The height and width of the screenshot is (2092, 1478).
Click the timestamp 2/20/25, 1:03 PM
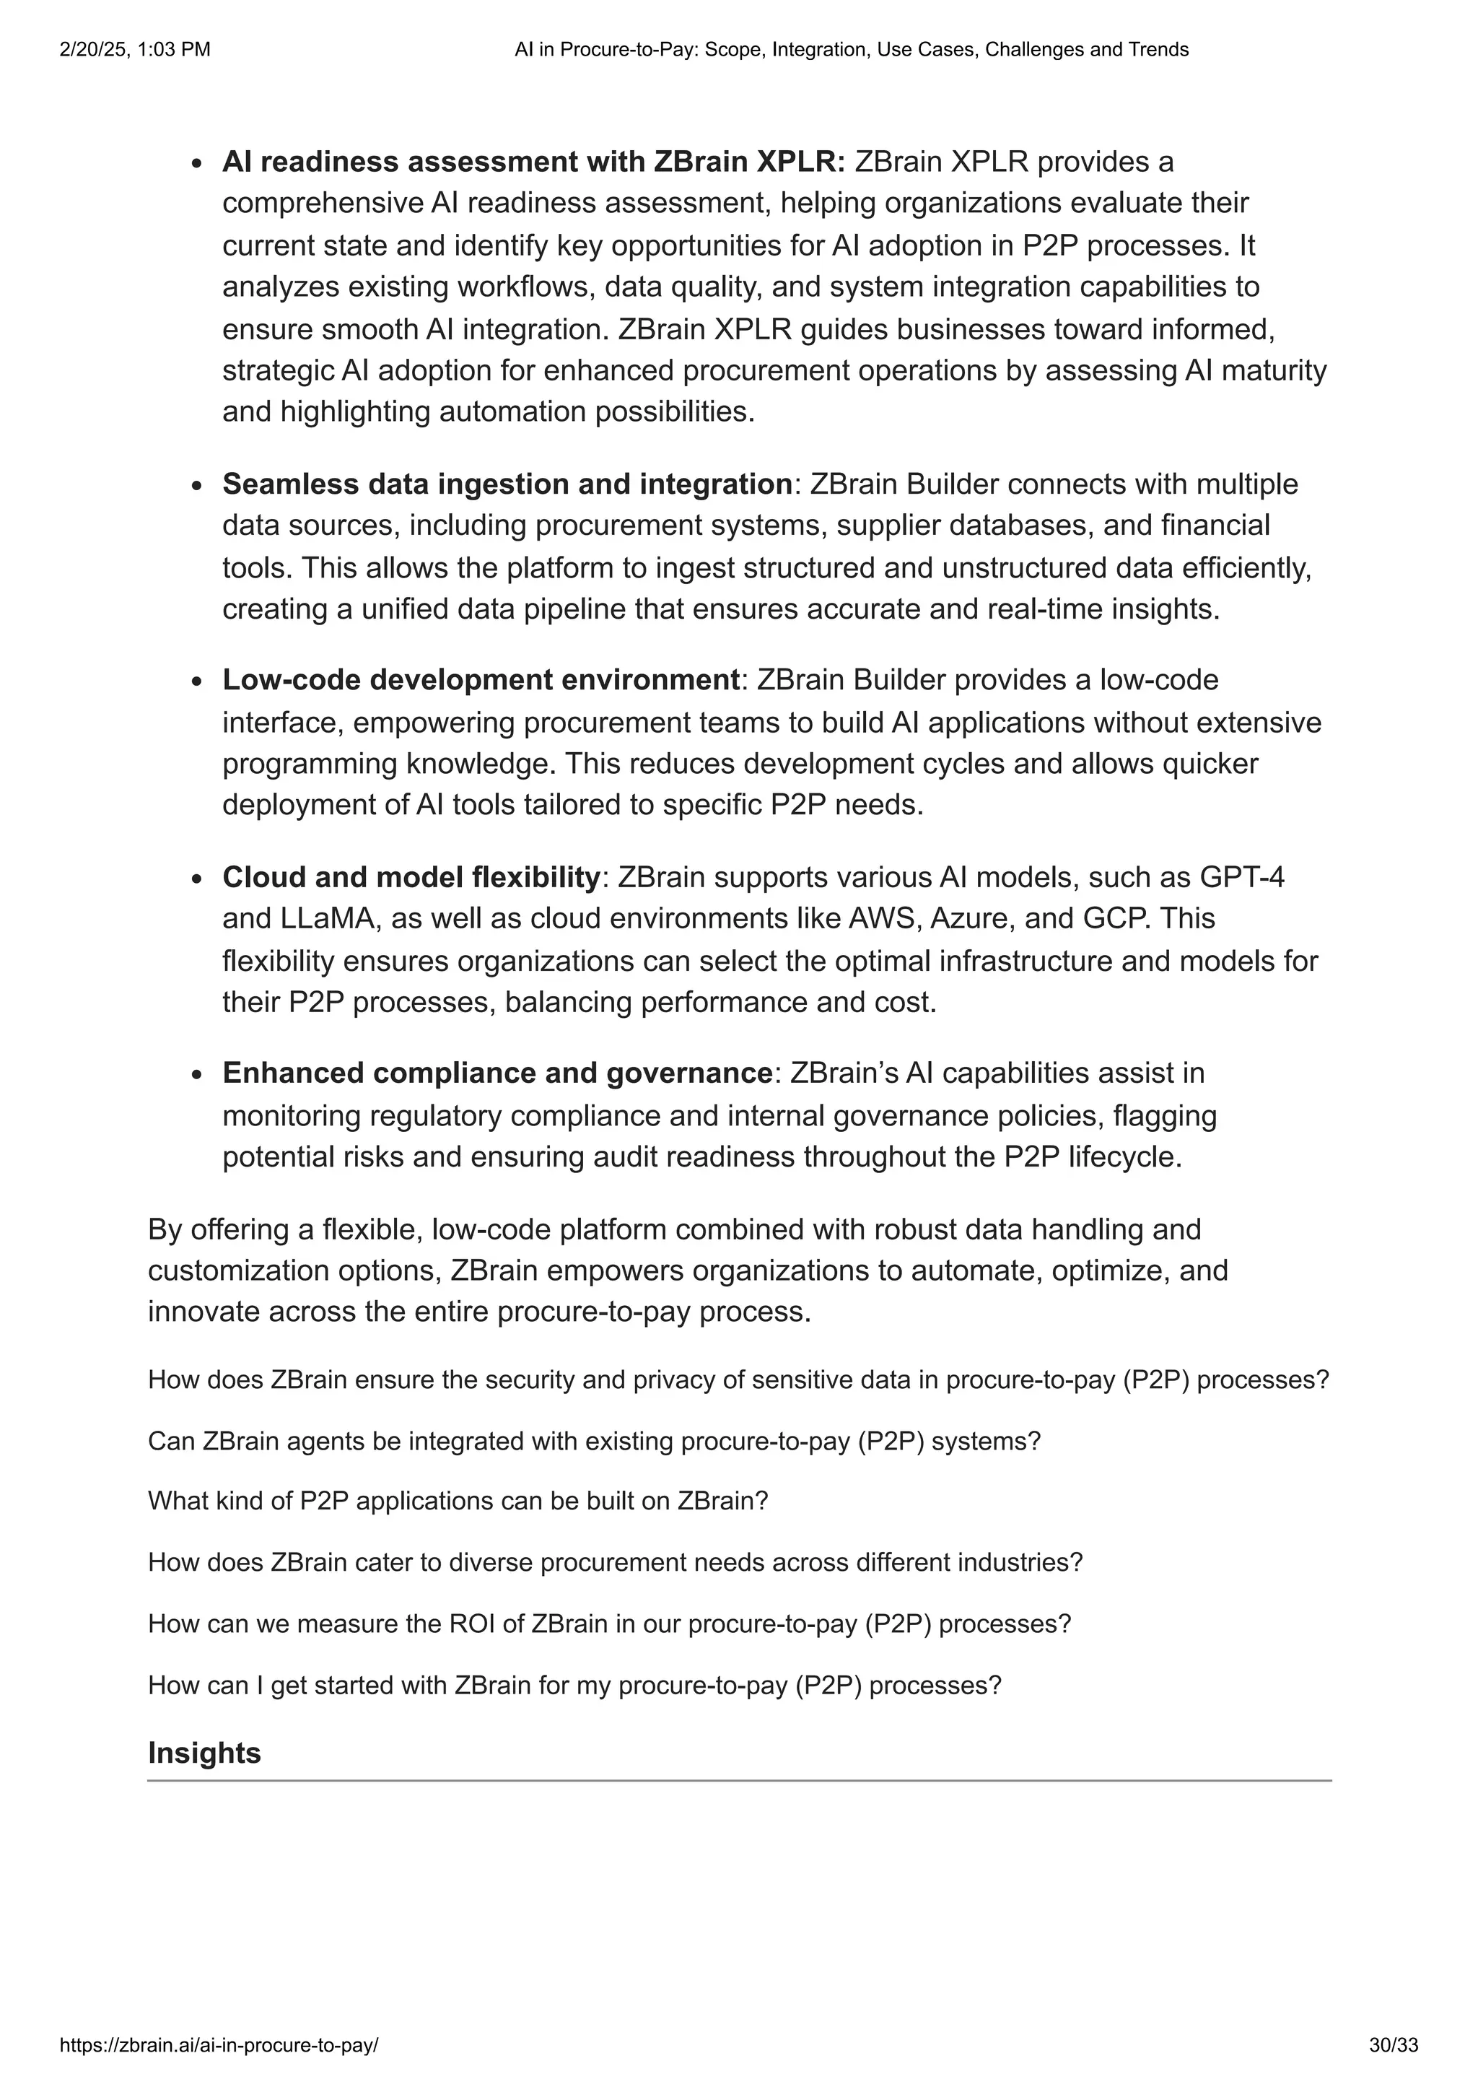[x=135, y=50]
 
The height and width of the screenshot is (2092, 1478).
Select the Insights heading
[x=204, y=1753]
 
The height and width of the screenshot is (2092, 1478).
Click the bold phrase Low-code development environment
[x=481, y=680]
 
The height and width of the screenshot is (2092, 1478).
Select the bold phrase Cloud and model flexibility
[x=411, y=877]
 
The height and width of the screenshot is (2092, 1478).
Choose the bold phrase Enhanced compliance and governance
[x=497, y=1073]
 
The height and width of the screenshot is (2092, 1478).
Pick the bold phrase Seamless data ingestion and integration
[x=507, y=484]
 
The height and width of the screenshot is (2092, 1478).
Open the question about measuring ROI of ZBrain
[x=609, y=1624]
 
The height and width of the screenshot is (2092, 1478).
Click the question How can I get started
[x=574, y=1685]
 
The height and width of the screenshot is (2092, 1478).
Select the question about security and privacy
[x=738, y=1380]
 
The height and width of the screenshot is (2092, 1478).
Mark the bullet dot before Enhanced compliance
[x=197, y=1075]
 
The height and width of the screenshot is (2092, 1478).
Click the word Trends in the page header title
[x=1157, y=50]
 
